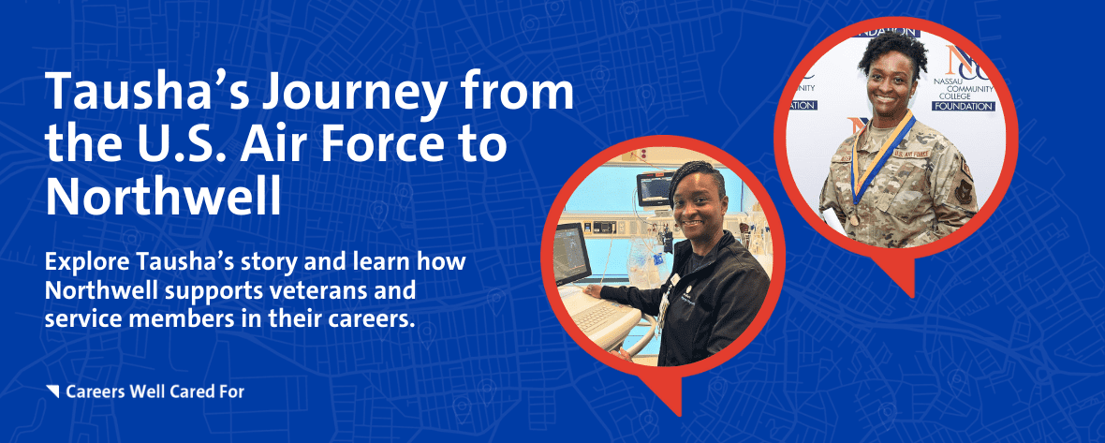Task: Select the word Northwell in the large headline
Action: click(163, 194)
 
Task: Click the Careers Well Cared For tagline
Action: click(155, 391)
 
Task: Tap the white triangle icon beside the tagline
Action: click(52, 391)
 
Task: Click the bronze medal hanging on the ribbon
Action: click(855, 219)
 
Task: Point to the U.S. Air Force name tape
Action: click(912, 153)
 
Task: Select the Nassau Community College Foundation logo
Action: click(963, 78)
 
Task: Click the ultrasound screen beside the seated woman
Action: click(568, 254)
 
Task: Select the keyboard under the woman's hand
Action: click(601, 317)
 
